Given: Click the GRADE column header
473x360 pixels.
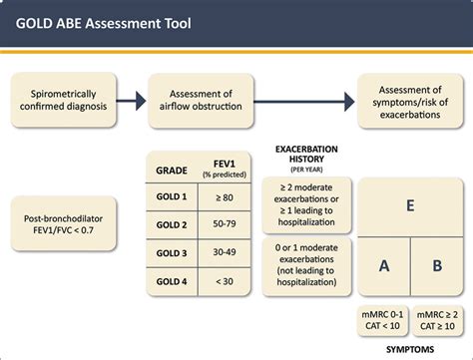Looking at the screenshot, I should tap(172, 170).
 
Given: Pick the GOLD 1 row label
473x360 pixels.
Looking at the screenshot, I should tap(172, 197).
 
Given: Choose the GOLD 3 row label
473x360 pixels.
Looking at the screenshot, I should tap(172, 253).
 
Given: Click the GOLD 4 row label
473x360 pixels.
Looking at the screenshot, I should tap(172, 281).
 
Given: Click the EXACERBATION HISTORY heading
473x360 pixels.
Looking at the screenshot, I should tap(307, 158).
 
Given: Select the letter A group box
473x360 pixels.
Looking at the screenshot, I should tap(384, 266).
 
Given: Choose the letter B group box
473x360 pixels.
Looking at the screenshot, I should tap(436, 266).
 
